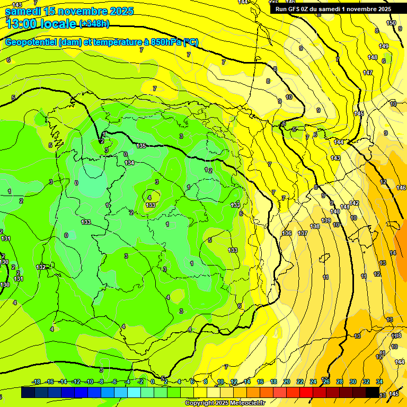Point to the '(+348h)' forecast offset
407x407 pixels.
(94, 23)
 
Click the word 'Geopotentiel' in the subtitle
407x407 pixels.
(31, 42)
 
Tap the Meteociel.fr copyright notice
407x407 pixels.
(225, 403)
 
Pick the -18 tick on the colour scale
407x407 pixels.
(36, 382)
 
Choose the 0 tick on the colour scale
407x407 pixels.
(153, 382)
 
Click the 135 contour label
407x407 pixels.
(141, 146)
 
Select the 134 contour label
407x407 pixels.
(129, 163)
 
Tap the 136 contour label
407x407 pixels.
(287, 233)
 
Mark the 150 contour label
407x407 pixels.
(391, 23)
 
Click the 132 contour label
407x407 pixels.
(40, 267)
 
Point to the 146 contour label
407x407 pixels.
(401, 188)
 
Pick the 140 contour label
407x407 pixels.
(335, 211)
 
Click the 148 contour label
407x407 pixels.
(373, 57)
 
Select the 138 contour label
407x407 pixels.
(315, 226)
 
